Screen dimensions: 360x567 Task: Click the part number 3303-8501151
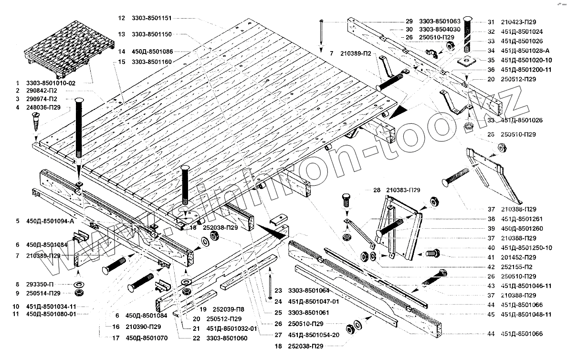point(152,18)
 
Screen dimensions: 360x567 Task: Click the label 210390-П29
point(143,327)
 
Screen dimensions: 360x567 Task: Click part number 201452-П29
point(519,257)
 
